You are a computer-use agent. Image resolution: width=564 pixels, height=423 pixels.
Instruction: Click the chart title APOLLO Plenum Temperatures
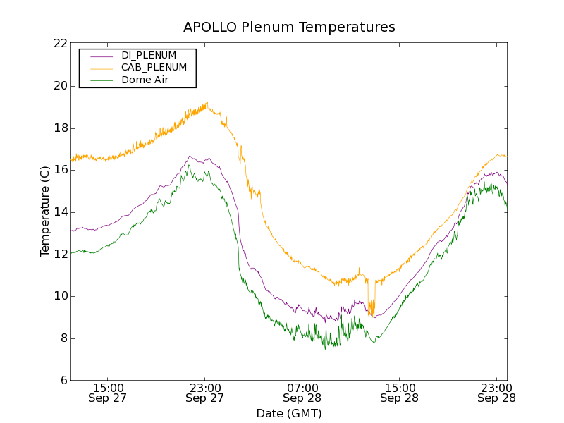[x=289, y=27]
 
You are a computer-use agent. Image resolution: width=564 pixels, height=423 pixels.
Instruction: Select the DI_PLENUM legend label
[x=149, y=55]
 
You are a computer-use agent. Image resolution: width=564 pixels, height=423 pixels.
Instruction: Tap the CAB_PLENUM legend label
[x=154, y=68]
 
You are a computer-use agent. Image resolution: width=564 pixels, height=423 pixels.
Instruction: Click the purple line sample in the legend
[x=99, y=55]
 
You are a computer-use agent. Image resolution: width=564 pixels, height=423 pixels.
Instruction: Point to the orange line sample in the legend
[x=99, y=68]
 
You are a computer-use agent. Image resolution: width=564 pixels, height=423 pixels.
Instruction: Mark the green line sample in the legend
[x=99, y=80]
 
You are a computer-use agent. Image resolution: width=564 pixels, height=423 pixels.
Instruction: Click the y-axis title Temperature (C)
[x=45, y=211]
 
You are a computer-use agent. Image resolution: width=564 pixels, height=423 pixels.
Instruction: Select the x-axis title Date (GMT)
[x=289, y=413]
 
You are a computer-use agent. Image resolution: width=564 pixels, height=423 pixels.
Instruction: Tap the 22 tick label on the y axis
[x=60, y=44]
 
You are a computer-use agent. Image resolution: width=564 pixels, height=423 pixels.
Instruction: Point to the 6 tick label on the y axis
[x=63, y=381]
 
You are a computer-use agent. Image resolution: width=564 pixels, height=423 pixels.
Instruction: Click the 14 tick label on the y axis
[x=60, y=212]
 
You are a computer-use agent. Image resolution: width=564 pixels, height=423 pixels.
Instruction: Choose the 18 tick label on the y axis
[x=60, y=128]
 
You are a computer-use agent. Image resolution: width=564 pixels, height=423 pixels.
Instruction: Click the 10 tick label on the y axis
[x=60, y=296]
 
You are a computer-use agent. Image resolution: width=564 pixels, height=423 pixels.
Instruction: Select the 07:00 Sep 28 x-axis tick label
[x=302, y=393]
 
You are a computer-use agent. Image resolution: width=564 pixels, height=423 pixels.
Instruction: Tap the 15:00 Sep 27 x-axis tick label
[x=108, y=393]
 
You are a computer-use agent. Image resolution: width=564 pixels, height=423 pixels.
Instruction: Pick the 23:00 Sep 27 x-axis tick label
[x=205, y=393]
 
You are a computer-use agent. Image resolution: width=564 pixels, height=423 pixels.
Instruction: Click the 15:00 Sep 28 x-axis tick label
[x=400, y=393]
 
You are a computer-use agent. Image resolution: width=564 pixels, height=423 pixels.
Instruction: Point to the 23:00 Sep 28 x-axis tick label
[x=496, y=393]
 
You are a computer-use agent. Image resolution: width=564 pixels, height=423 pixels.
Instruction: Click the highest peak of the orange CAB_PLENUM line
[x=207, y=102]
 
